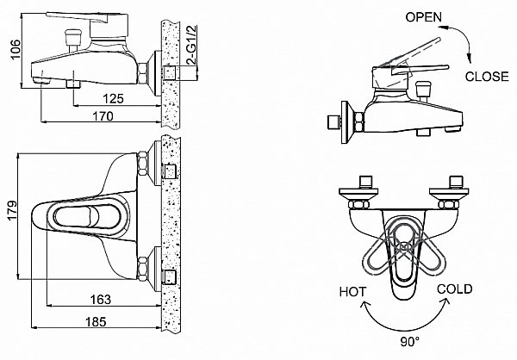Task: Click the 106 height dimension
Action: (x=9, y=48)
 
